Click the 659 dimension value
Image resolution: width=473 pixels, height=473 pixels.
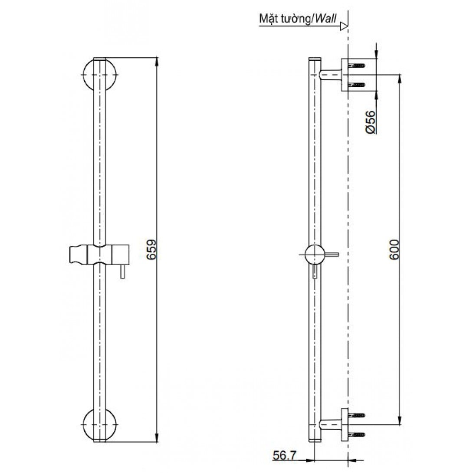point(151,250)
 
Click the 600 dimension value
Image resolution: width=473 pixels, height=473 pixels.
point(394,250)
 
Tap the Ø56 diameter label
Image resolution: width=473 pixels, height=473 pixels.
point(370,122)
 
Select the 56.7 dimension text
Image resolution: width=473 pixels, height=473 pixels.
point(285,455)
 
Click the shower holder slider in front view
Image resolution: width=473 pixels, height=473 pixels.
point(99,254)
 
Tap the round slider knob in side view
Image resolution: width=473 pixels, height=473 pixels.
point(314,254)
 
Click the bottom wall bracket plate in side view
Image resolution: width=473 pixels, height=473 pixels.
point(345,424)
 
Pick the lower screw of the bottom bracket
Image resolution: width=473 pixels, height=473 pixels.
point(360,434)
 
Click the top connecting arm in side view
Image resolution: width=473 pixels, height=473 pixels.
point(331,75)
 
